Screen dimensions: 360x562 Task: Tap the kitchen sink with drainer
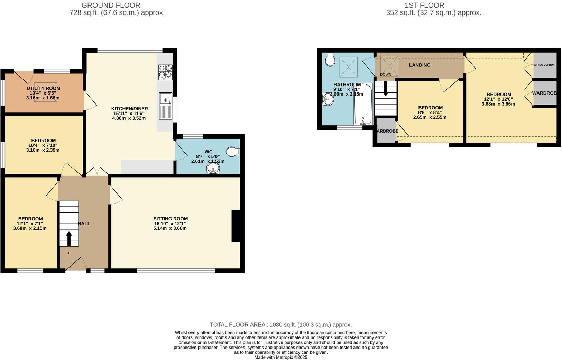166,106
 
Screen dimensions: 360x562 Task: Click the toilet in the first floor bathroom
330,60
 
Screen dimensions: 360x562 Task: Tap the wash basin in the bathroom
328,99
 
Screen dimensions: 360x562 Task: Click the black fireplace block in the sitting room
236,226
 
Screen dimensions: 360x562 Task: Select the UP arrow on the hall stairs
69,238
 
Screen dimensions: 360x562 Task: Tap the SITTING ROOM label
171,219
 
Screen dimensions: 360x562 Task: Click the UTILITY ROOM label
43,88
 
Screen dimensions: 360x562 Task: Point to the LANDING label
420,65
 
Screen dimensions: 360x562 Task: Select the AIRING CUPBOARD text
545,65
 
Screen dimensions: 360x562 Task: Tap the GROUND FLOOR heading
111,5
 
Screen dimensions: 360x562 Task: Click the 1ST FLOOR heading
424,5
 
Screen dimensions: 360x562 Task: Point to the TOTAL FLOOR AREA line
280,325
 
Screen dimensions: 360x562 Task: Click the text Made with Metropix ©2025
280,357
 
